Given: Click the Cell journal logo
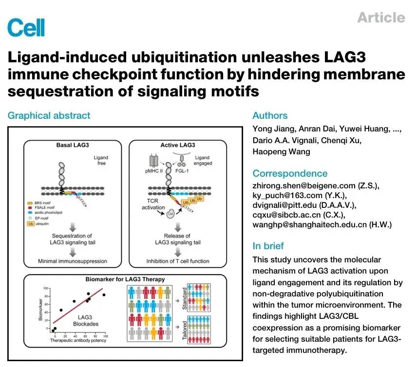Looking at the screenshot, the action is [x=26, y=27].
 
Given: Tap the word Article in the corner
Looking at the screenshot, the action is [x=381, y=18].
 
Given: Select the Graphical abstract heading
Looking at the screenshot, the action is [x=49, y=116].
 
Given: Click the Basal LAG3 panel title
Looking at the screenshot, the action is [x=73, y=145].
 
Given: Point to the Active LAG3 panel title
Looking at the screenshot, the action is [x=178, y=145].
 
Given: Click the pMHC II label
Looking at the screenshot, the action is [x=154, y=171].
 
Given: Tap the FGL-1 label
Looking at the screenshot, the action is [x=182, y=171].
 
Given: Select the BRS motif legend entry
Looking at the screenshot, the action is [x=39, y=203].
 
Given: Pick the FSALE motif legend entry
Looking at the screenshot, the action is [x=41, y=207].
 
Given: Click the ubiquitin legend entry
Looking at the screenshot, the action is [x=38, y=224].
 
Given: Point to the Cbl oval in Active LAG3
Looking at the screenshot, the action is [x=171, y=214].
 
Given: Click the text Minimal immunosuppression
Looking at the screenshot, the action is [x=72, y=261].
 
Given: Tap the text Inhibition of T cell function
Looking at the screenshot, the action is [x=178, y=261].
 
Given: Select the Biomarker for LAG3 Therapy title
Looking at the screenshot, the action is [x=125, y=279].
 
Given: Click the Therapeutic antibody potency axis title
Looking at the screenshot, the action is [x=78, y=340].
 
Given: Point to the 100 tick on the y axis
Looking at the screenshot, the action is [x=45, y=288].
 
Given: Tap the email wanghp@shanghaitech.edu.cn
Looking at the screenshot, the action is [x=309, y=224].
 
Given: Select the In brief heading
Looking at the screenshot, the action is [x=268, y=246].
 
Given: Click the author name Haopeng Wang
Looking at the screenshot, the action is [x=282, y=151].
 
